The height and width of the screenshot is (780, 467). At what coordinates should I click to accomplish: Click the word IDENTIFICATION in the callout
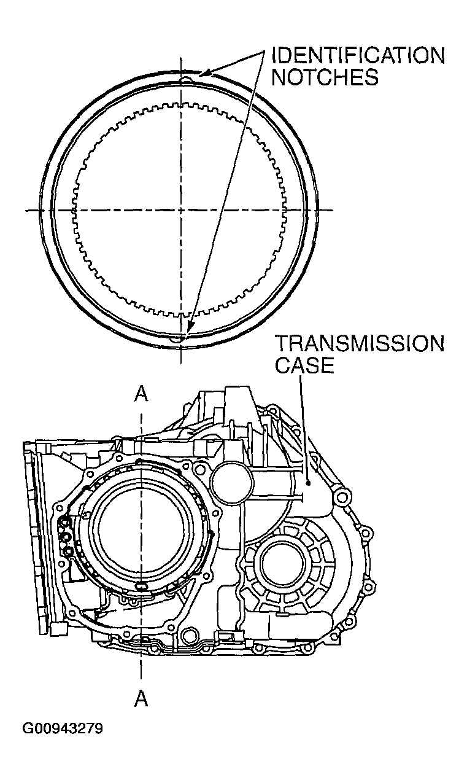(358, 56)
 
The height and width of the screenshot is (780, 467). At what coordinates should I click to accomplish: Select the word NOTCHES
(325, 78)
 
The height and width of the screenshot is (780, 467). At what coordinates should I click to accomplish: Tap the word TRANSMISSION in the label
(359, 343)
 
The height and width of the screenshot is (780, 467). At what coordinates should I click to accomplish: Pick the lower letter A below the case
(141, 698)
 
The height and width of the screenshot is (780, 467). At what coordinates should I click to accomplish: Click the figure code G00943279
(63, 729)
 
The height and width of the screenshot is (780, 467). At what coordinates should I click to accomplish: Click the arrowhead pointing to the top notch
(205, 74)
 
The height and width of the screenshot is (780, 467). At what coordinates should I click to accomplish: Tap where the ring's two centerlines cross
(182, 210)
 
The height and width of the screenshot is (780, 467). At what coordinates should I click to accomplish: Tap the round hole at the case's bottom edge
(191, 633)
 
